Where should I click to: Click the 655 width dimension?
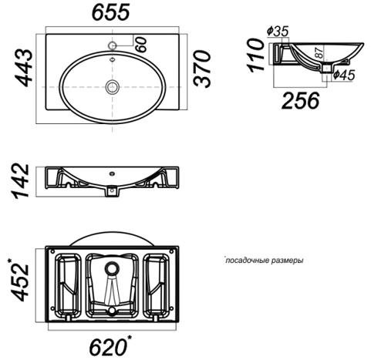coord(111,12)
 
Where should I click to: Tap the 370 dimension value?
coord(202,69)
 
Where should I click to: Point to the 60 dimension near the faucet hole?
coord(142,45)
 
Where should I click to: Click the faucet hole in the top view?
coord(113,45)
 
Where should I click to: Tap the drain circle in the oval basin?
coord(113,86)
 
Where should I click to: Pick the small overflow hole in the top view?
coord(112,59)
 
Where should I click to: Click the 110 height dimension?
coord(256,55)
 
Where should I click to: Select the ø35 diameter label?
coord(278,31)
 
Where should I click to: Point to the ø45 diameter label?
coord(344,75)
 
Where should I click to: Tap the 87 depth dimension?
coord(319,52)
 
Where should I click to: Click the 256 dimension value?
coord(301,100)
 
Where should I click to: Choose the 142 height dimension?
coord(21,181)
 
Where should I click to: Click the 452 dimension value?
coord(19,280)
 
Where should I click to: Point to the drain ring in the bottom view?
coord(112,268)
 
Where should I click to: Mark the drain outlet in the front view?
coord(112,191)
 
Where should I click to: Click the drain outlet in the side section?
coord(327,69)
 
